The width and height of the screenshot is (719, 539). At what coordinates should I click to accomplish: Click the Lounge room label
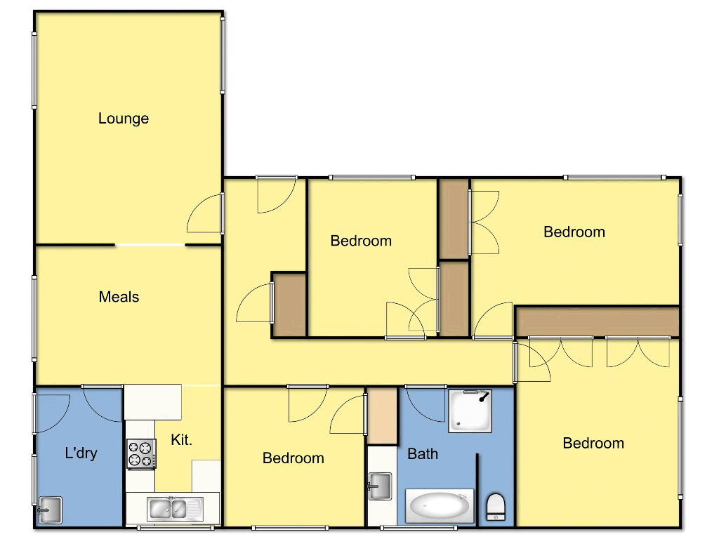pos(124,119)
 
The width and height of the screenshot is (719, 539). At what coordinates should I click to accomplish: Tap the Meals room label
pos(119,297)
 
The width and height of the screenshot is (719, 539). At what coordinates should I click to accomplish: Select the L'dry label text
pos(81,453)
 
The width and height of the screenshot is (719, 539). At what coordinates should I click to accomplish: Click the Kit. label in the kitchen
pos(181,440)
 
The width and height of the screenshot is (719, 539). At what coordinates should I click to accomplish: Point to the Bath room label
pos(423,454)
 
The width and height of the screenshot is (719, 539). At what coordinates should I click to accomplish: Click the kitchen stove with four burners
pos(141,453)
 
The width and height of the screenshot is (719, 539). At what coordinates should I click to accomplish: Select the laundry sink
pos(50,509)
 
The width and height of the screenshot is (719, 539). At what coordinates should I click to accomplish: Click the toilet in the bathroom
pos(496,506)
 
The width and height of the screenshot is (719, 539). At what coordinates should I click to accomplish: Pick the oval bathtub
pos(440,507)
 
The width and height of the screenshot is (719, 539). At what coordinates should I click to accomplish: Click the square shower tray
pos(470,411)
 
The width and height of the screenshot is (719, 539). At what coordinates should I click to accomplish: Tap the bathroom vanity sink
pos(381,486)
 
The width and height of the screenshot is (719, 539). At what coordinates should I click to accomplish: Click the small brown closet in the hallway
pos(289,305)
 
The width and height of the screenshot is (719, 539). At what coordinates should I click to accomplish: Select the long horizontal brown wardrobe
pos(597,321)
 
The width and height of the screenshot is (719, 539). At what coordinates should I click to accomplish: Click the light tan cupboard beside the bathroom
pos(383,415)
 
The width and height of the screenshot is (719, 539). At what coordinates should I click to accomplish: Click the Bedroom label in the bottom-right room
pos(593,443)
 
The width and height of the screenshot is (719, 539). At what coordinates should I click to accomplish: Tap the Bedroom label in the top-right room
pos(574,232)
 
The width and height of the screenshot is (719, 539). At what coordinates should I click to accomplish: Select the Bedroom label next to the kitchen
pos(293,458)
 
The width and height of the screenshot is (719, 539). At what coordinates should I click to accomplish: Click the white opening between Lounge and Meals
pos(150,245)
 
